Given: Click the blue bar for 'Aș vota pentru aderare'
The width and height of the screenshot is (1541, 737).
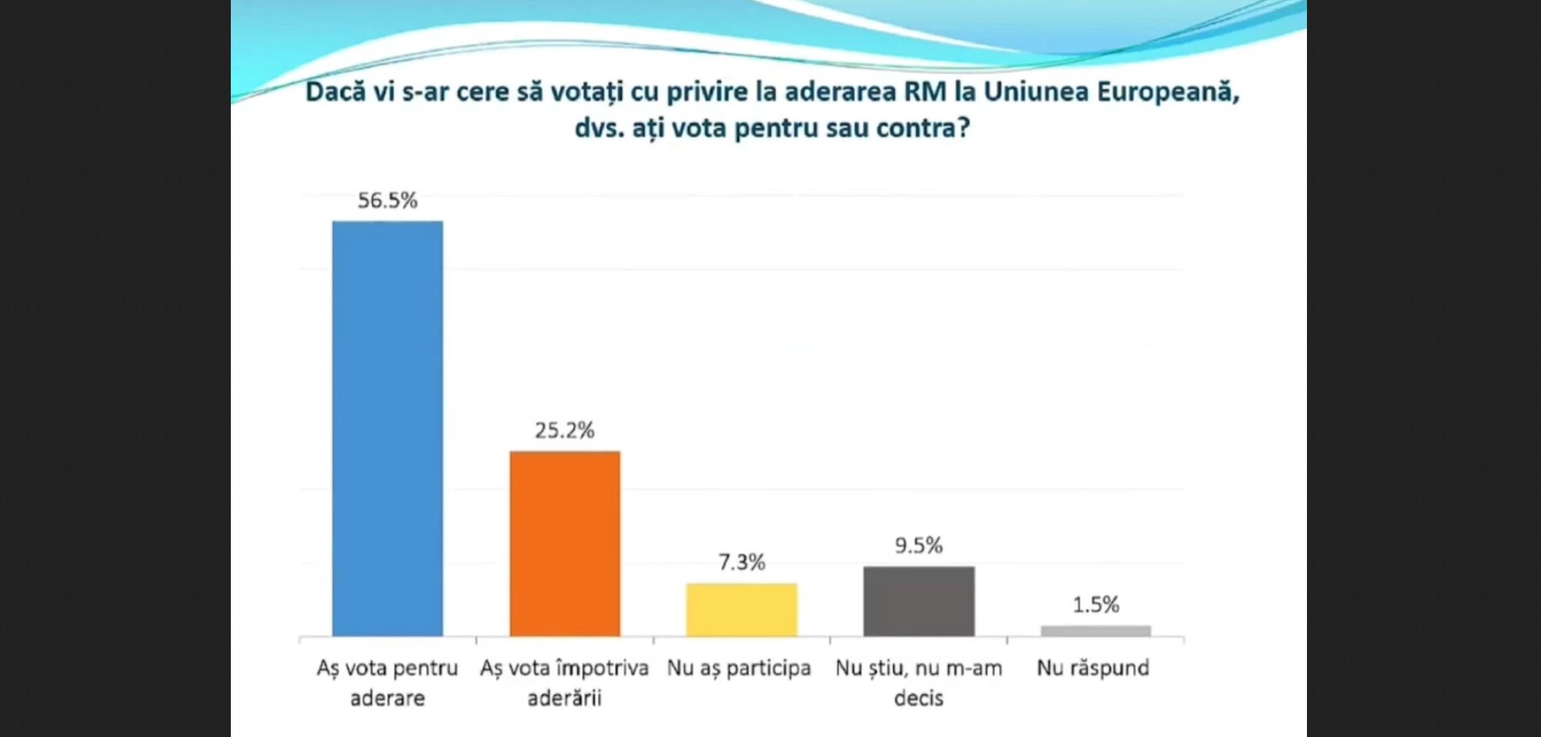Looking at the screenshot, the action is [x=388, y=429].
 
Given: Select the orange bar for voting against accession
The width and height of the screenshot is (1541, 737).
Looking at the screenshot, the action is [x=565, y=544].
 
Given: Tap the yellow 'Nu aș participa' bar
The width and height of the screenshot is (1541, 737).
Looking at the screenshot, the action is [x=742, y=610].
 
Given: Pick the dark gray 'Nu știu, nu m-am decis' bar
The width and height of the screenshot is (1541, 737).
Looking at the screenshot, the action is [x=919, y=602].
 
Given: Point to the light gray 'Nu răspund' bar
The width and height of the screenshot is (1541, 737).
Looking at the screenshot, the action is [x=1096, y=631].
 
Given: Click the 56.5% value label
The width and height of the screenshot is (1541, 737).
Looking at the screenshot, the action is [x=388, y=200].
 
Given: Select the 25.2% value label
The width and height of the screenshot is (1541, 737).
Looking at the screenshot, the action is [x=565, y=430].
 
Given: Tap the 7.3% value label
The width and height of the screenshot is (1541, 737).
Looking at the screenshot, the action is [x=742, y=562].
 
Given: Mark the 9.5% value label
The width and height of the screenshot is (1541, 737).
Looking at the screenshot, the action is [x=918, y=546].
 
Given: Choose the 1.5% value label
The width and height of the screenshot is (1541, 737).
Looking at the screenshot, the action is [x=1095, y=604].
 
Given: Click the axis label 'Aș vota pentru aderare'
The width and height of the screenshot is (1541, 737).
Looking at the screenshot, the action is [x=388, y=682].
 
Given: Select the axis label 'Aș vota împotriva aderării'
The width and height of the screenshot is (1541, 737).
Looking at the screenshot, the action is [x=565, y=682].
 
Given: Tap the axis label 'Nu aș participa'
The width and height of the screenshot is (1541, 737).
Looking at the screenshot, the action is [x=739, y=669].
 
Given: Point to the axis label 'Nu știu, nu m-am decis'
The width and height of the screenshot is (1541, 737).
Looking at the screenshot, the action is [x=918, y=682].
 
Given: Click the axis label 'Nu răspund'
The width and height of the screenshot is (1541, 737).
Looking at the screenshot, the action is [x=1093, y=669].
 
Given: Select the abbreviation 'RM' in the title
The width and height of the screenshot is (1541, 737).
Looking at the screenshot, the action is [x=925, y=92].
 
